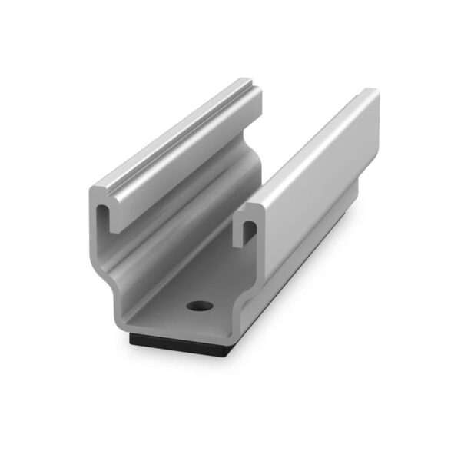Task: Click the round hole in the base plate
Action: [198, 306]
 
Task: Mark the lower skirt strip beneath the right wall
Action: [307, 269]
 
